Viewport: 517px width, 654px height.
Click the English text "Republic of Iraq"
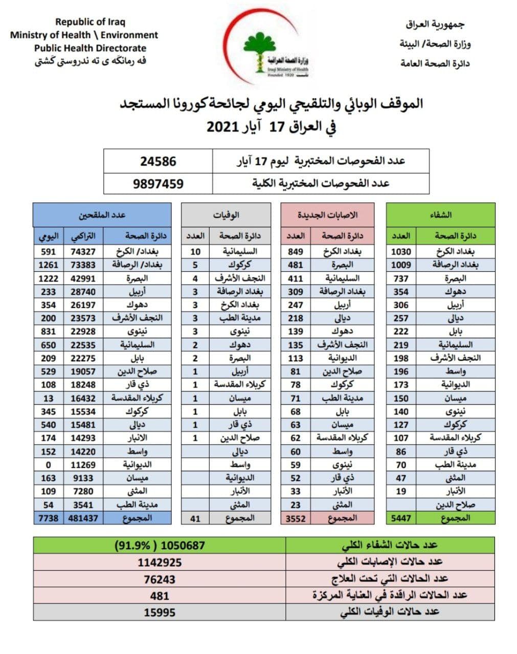click(x=90, y=22)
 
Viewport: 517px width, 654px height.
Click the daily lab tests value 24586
click(x=158, y=161)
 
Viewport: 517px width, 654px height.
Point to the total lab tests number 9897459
click(x=158, y=183)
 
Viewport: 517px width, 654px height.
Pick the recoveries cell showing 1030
click(x=401, y=251)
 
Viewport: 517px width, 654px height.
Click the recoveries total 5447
click(x=401, y=518)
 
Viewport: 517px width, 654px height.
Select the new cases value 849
click(x=296, y=251)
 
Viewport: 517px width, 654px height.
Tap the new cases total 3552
click(x=296, y=518)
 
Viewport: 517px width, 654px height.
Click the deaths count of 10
click(x=195, y=251)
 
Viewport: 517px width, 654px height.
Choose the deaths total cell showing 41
click(x=195, y=518)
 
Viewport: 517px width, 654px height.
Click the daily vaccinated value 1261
click(x=48, y=265)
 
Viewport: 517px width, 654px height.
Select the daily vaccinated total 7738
click(x=48, y=518)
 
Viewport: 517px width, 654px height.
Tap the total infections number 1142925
click(x=160, y=563)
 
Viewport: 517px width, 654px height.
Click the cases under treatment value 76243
click(x=160, y=579)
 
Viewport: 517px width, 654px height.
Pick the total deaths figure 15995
click(x=160, y=612)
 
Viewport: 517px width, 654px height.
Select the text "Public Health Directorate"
click(x=90, y=49)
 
